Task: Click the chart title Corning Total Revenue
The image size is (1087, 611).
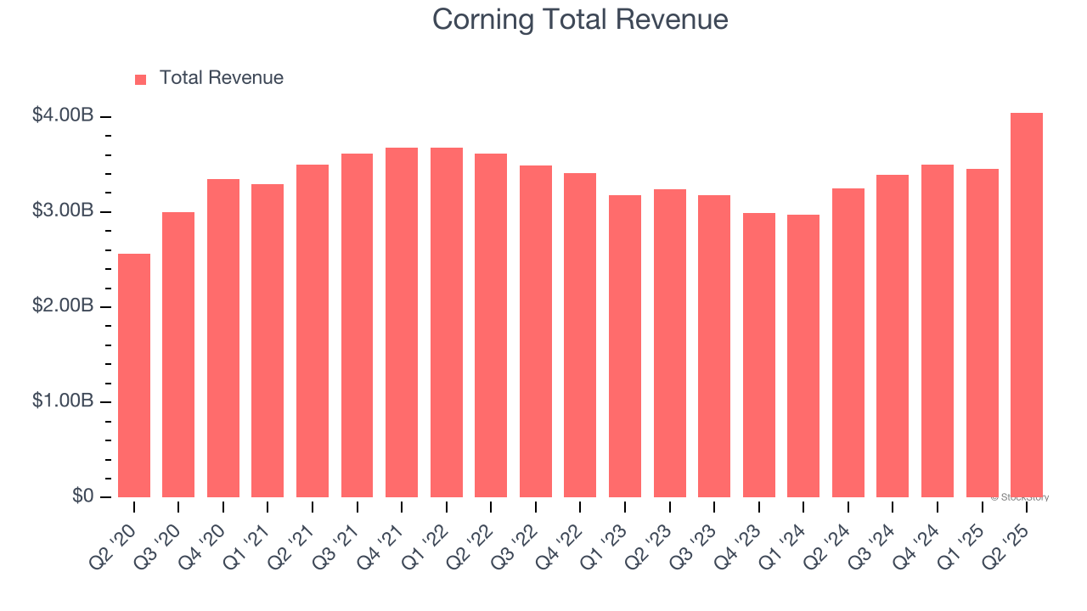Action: tap(580, 20)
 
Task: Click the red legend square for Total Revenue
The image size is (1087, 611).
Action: tap(140, 79)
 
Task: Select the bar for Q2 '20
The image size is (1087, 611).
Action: tap(134, 375)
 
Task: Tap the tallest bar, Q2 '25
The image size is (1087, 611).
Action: tap(1027, 305)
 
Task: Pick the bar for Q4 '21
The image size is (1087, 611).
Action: tap(402, 322)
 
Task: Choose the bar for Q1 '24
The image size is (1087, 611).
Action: tap(803, 356)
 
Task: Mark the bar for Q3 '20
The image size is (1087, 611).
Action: tap(178, 354)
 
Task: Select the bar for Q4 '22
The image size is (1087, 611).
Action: tap(580, 335)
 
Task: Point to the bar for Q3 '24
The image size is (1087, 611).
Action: tap(893, 336)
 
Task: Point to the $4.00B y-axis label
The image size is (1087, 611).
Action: tap(62, 115)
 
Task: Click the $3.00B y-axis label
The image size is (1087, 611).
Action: tap(62, 210)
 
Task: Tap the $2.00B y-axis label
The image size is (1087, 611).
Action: tap(62, 305)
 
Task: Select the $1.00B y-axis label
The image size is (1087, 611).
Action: tap(62, 401)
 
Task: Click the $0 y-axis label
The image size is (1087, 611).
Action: tap(83, 496)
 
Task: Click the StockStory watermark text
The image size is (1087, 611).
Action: tap(1022, 497)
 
